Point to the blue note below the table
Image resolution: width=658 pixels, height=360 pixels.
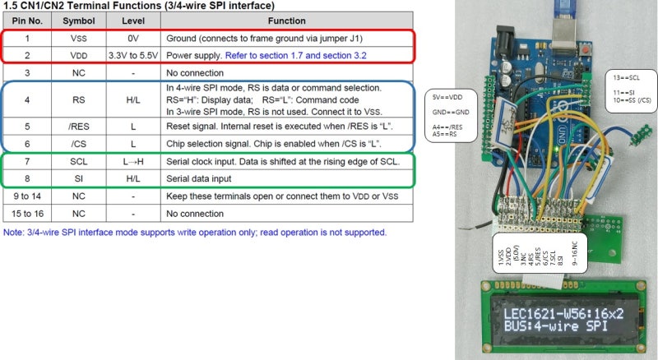coord(194,232)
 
